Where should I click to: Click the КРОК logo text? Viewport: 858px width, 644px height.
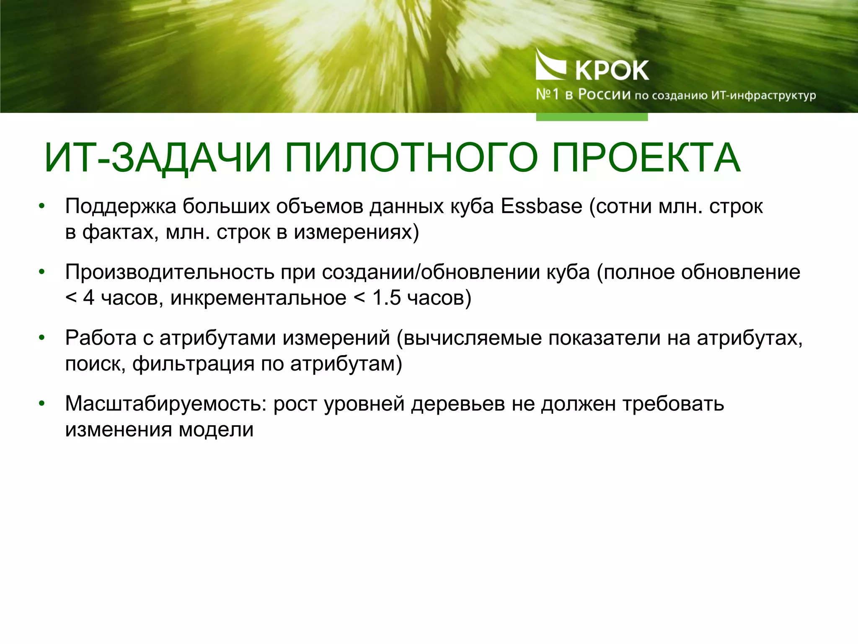[612, 70]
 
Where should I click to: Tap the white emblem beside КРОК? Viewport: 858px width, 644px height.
[550, 65]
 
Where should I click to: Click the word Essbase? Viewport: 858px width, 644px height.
[542, 206]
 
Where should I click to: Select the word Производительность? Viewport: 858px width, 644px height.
[170, 273]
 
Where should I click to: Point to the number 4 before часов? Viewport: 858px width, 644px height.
[89, 298]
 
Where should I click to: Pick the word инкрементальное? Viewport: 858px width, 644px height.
[258, 298]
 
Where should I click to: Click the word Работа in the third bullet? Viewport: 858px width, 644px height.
[101, 338]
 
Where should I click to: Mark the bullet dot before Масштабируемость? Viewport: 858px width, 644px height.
[41, 404]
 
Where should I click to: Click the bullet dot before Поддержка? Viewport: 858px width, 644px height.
[41, 206]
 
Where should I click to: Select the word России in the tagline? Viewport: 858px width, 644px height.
[604, 95]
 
